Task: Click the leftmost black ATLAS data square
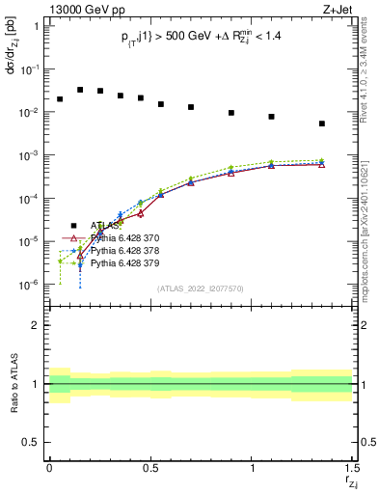[x=60, y=99]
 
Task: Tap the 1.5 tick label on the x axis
[x=352, y=467]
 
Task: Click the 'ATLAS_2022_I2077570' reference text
[x=200, y=288]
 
